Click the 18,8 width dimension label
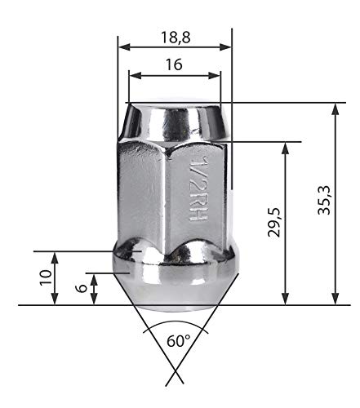[x=176, y=38]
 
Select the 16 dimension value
[x=174, y=64]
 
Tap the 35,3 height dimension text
[x=324, y=200]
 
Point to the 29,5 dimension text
[x=273, y=222]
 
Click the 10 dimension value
[x=46, y=277]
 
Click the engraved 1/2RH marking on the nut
[x=198, y=188]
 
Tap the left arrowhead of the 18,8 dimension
[x=124, y=47]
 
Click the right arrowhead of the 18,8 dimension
[x=225, y=47]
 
